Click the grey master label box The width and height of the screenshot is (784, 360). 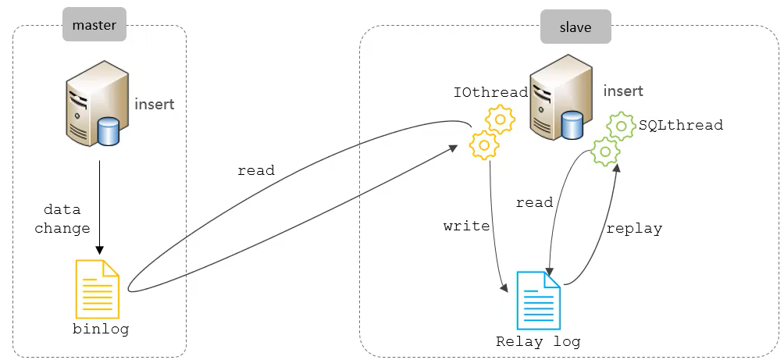(94, 26)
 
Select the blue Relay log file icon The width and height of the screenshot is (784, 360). (539, 300)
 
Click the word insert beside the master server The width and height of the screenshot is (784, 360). (155, 104)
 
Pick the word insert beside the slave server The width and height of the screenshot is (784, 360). (622, 91)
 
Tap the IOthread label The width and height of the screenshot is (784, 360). (490, 93)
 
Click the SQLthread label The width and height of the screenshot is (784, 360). (681, 125)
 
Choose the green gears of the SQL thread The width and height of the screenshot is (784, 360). (613, 137)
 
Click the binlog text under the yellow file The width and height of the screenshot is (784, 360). (101, 330)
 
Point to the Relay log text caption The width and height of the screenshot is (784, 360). (538, 342)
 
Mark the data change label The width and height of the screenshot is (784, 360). (67, 219)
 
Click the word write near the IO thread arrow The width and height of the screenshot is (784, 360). (466, 226)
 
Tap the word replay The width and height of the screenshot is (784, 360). (634, 229)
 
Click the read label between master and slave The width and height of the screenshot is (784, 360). (256, 170)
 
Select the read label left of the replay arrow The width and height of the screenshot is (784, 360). (534, 203)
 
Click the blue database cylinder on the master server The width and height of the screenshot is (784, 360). (108, 131)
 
